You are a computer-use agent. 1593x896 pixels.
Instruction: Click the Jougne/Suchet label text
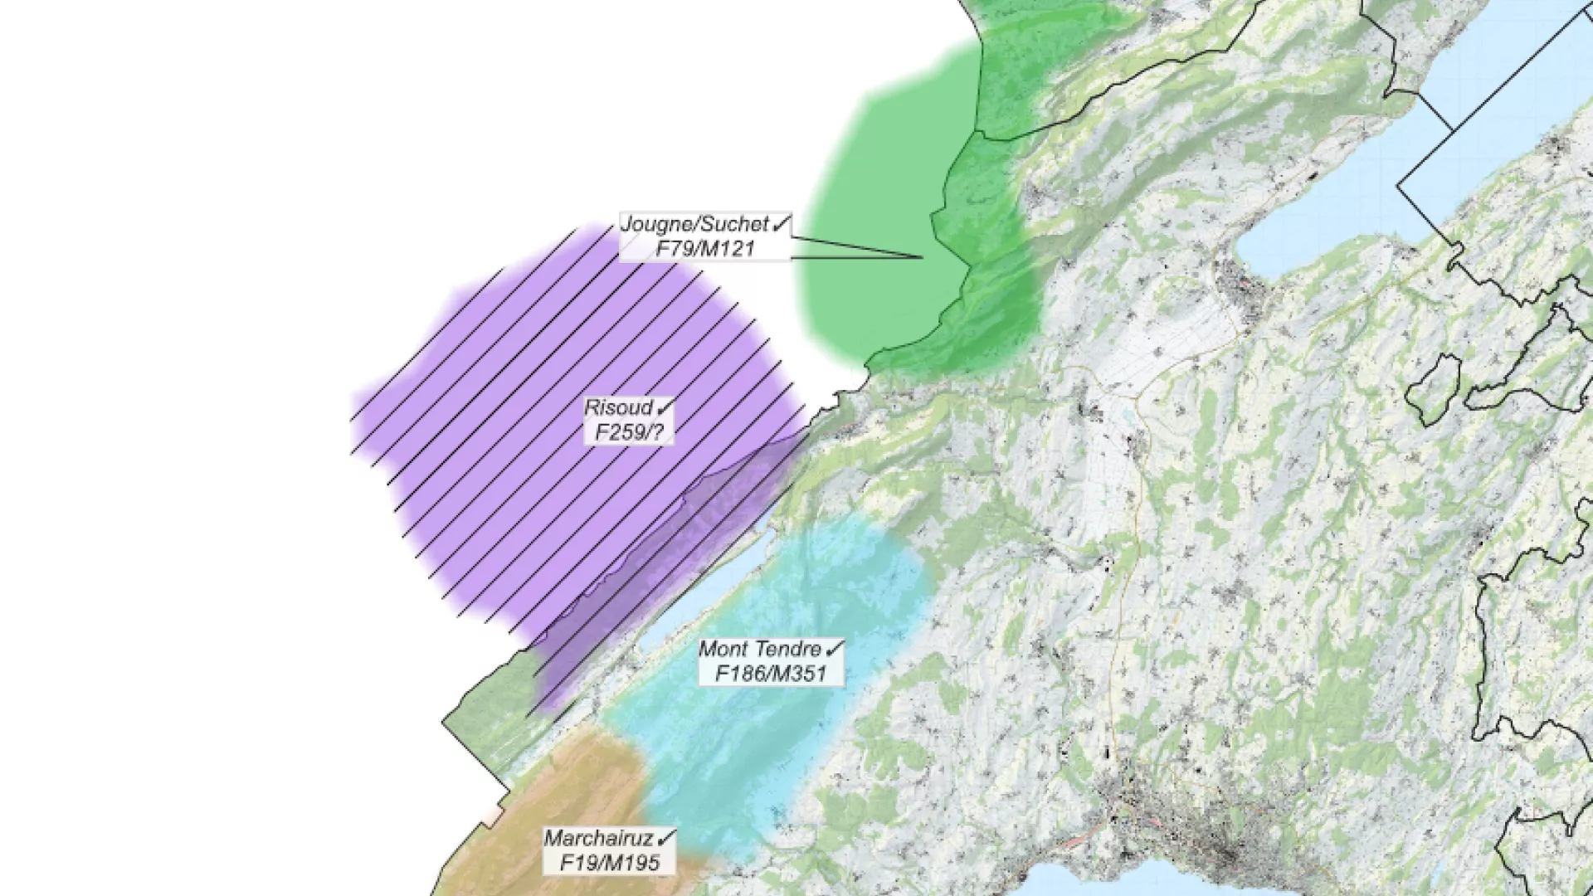point(694,224)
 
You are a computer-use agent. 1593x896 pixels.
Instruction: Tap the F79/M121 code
point(705,248)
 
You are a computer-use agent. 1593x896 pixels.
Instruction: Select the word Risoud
point(619,407)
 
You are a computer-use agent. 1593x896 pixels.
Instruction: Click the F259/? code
point(629,432)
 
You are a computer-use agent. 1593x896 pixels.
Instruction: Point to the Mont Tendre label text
point(760,649)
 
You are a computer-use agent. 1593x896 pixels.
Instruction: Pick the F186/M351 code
point(771,674)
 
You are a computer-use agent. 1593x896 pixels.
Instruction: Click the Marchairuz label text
point(599,838)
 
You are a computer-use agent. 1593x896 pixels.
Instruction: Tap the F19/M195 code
point(610,863)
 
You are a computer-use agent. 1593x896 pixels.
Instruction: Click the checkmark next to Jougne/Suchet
point(782,223)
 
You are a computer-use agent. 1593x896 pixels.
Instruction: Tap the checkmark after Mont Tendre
point(835,648)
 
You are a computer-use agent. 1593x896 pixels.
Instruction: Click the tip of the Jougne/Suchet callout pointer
point(923,257)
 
